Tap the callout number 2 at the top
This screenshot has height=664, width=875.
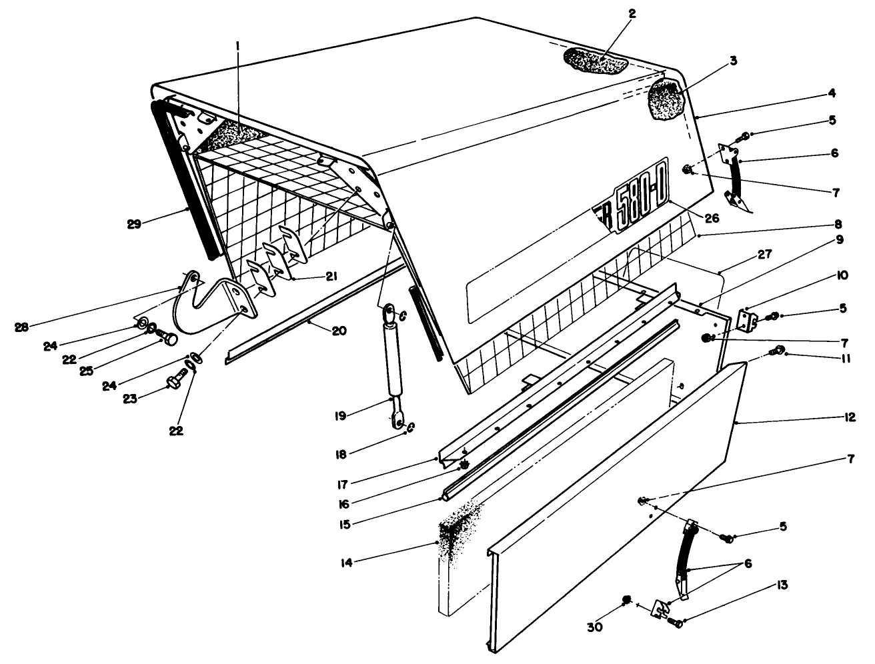click(x=632, y=13)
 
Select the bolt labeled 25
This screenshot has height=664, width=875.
click(x=169, y=339)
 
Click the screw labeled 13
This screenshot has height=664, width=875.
click(x=676, y=623)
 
